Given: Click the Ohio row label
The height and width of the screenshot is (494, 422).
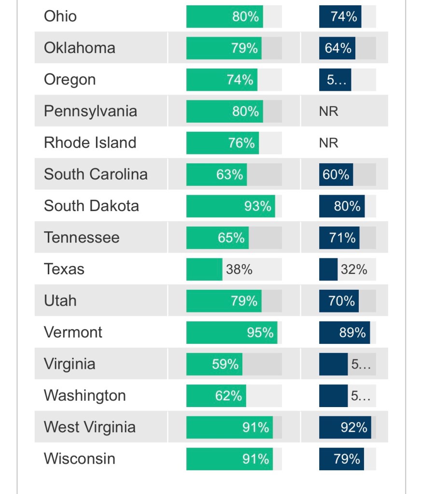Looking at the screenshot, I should pyautogui.click(x=60, y=16).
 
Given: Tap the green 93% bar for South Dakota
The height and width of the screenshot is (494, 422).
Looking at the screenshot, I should pyautogui.click(x=230, y=206).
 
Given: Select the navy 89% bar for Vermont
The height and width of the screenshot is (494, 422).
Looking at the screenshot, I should pyautogui.click(x=344, y=333).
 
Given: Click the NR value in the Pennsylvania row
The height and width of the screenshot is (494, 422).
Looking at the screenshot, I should pyautogui.click(x=328, y=112).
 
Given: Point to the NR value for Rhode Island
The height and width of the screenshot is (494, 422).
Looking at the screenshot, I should pyautogui.click(x=328, y=143).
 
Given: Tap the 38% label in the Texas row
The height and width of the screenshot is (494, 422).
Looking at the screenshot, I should pyautogui.click(x=239, y=269).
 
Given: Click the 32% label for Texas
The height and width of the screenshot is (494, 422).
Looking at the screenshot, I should pyautogui.click(x=354, y=269).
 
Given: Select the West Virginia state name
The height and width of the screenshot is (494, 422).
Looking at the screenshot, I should pyautogui.click(x=89, y=427).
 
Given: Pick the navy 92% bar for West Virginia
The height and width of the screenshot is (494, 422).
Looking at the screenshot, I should pyautogui.click(x=345, y=427).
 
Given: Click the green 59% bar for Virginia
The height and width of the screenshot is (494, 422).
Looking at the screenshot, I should pyautogui.click(x=214, y=364).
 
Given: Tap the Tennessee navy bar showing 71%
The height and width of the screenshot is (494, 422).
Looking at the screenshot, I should pyautogui.click(x=339, y=238).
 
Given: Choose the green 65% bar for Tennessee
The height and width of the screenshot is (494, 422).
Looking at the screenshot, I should pyautogui.click(x=217, y=238).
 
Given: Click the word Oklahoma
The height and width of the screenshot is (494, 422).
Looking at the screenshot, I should pyautogui.click(x=80, y=48).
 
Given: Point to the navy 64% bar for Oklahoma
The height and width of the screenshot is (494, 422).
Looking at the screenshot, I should pyautogui.click(x=337, y=48).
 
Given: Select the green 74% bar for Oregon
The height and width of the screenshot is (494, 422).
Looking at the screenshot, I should pyautogui.click(x=222, y=80).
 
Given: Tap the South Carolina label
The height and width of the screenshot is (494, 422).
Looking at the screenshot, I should pyautogui.click(x=96, y=174).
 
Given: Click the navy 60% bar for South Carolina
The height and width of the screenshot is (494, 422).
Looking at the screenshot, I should pyautogui.click(x=336, y=174).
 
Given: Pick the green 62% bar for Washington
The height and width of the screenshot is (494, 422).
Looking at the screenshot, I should pyautogui.click(x=216, y=396).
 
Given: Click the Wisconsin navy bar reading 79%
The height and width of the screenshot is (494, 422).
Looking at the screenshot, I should pyautogui.click(x=341, y=459).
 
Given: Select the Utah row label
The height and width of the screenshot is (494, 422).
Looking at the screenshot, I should pyautogui.click(x=60, y=301).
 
